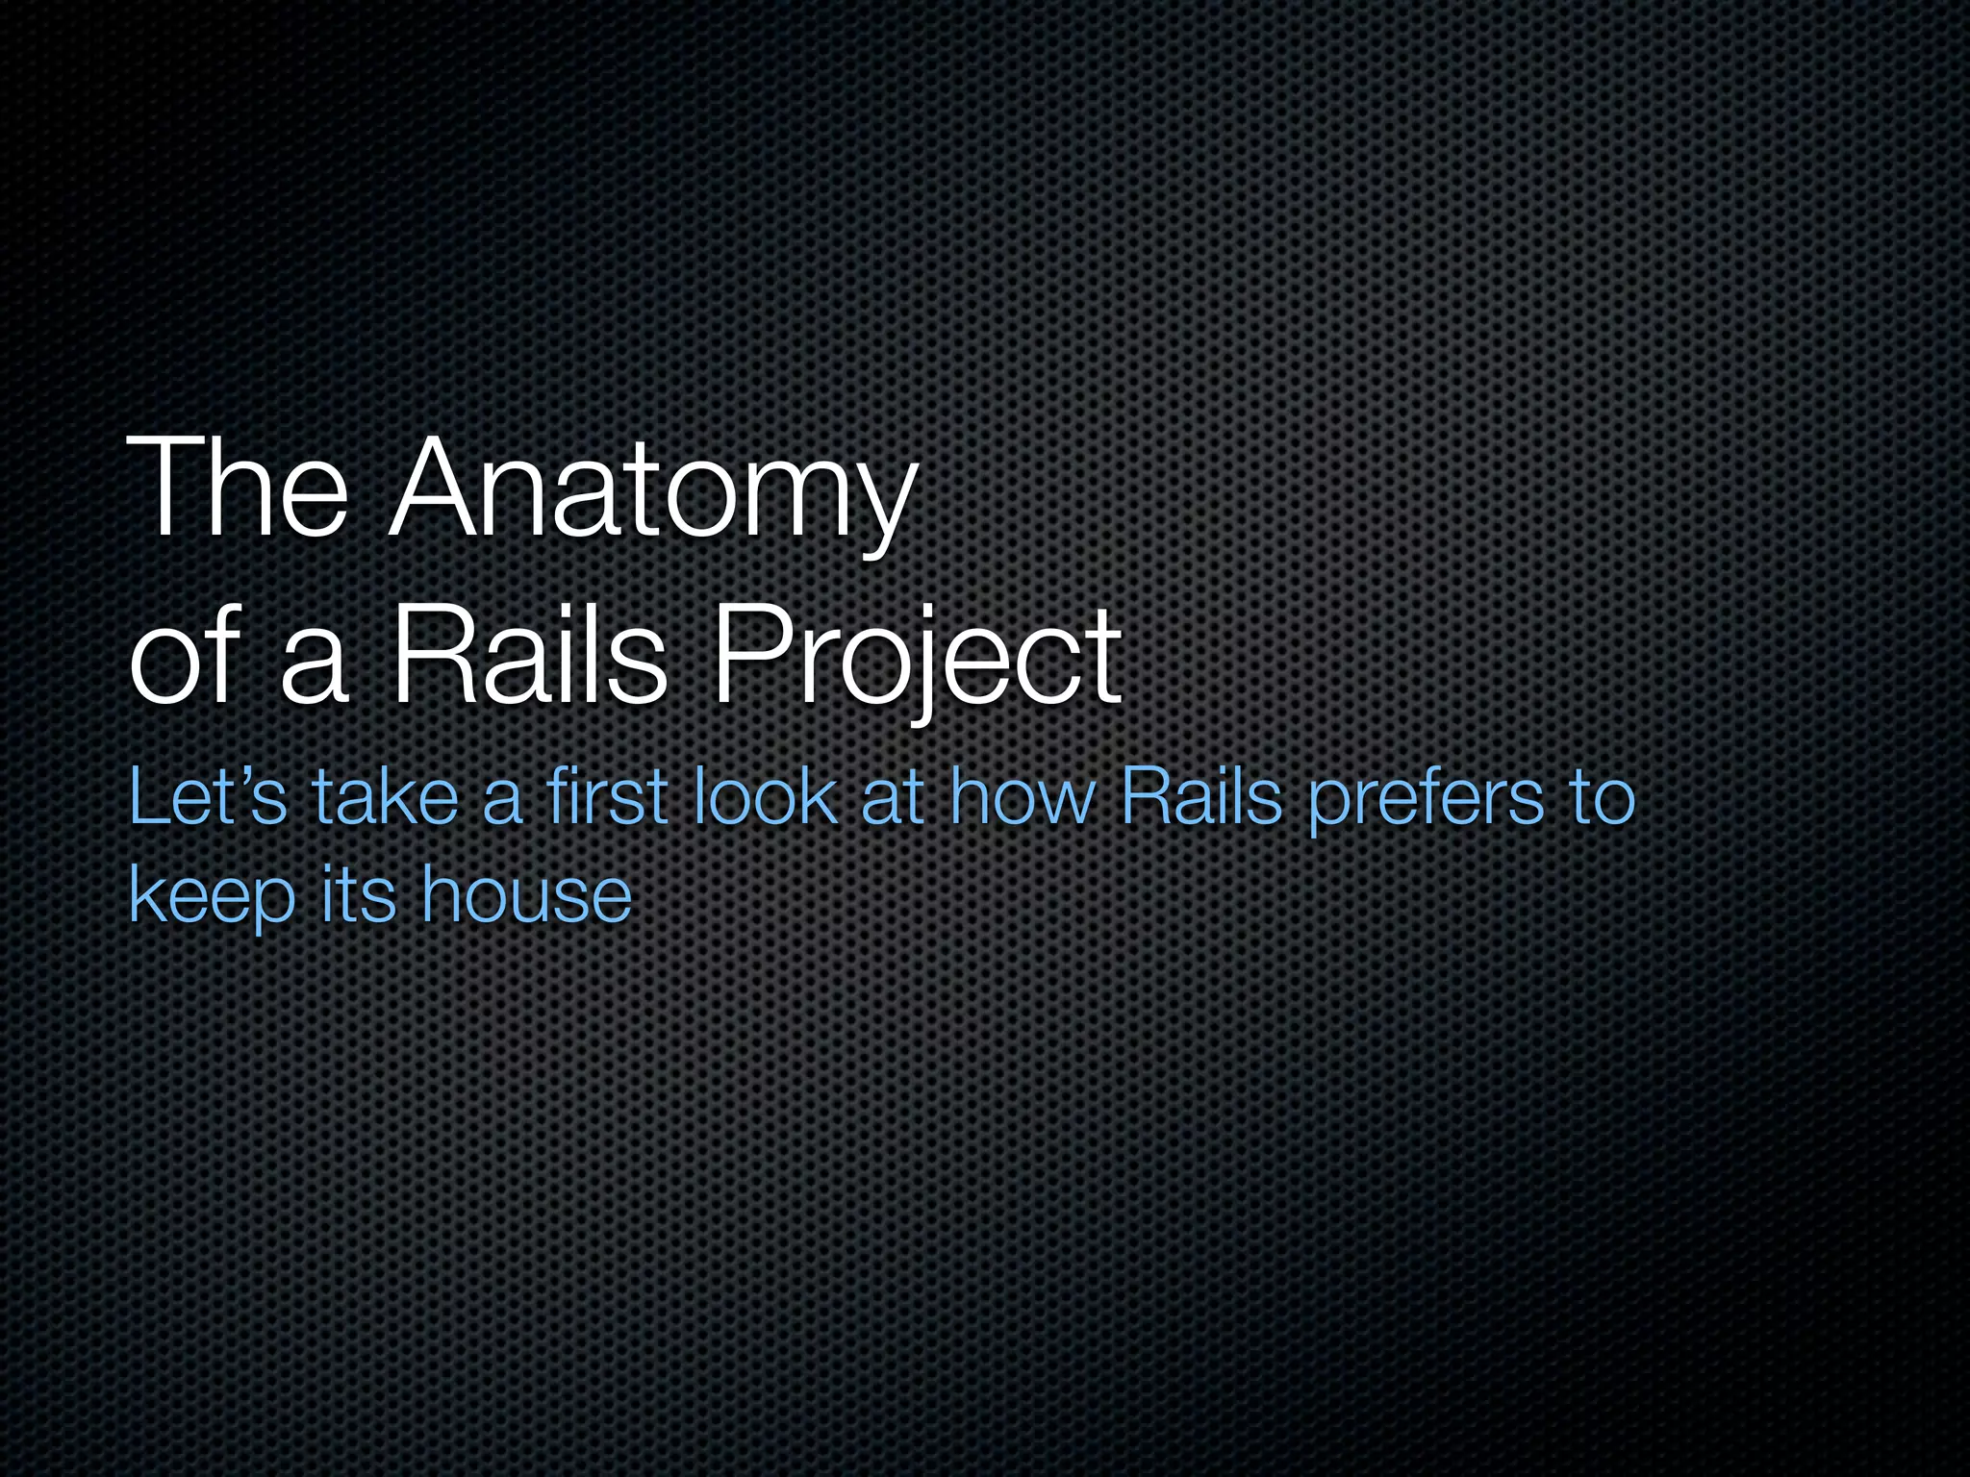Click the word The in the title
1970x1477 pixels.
click(237, 488)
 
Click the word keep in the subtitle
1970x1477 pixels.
click(212, 896)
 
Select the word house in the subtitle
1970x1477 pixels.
click(526, 894)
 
